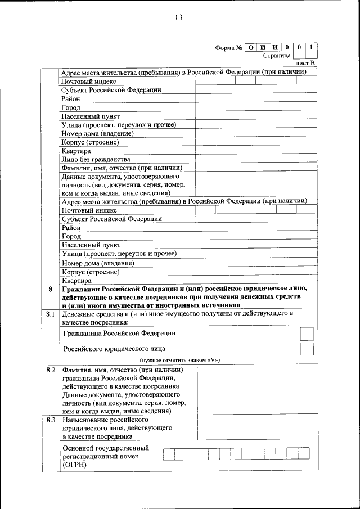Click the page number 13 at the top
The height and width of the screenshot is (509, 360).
click(x=179, y=17)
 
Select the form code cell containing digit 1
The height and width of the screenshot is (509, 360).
click(x=312, y=47)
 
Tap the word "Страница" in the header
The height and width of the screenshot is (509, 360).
click(x=277, y=56)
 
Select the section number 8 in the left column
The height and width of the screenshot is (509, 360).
click(x=51, y=289)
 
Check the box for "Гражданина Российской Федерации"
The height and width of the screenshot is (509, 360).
click(x=307, y=334)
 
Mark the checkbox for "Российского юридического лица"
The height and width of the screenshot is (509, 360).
click(x=307, y=349)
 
